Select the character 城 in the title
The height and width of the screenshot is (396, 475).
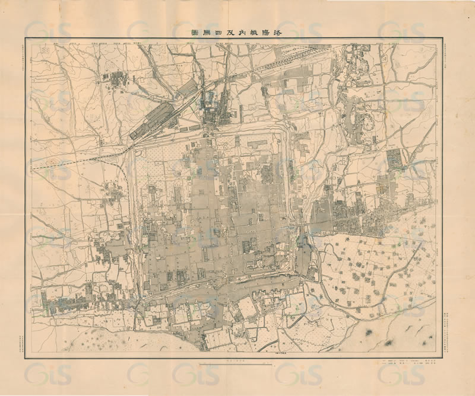[x=253, y=33]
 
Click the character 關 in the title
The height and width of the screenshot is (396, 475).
[x=207, y=33]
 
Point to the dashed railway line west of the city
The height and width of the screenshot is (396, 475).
[x=77, y=162]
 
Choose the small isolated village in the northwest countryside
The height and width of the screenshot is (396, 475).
[x=115, y=78]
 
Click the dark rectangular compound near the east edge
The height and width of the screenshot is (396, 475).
[x=394, y=159]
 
